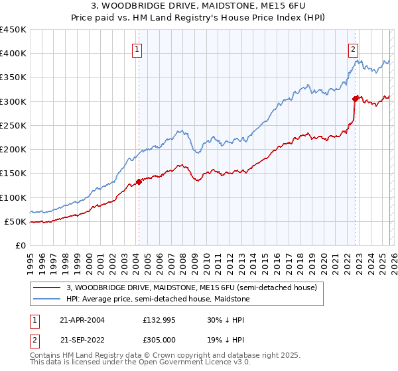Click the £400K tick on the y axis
point(13,54)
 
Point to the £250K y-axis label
point(13,125)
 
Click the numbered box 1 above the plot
point(137,48)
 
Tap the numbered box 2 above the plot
point(354,48)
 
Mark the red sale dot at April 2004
point(139,182)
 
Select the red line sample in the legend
point(47,288)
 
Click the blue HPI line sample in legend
point(47,299)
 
